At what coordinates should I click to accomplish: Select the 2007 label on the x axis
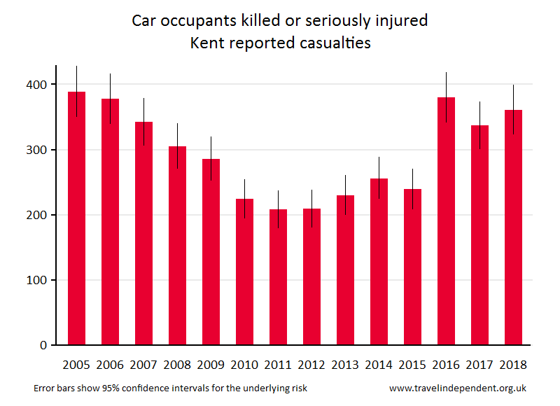143,365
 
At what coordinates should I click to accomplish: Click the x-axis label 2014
379,365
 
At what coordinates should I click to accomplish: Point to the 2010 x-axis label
244,365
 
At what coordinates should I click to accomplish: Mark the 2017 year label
479,365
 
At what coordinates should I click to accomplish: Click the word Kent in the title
207,43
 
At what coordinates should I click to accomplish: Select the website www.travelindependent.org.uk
458,388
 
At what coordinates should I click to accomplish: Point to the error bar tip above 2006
110,74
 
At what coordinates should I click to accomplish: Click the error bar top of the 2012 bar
311,190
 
